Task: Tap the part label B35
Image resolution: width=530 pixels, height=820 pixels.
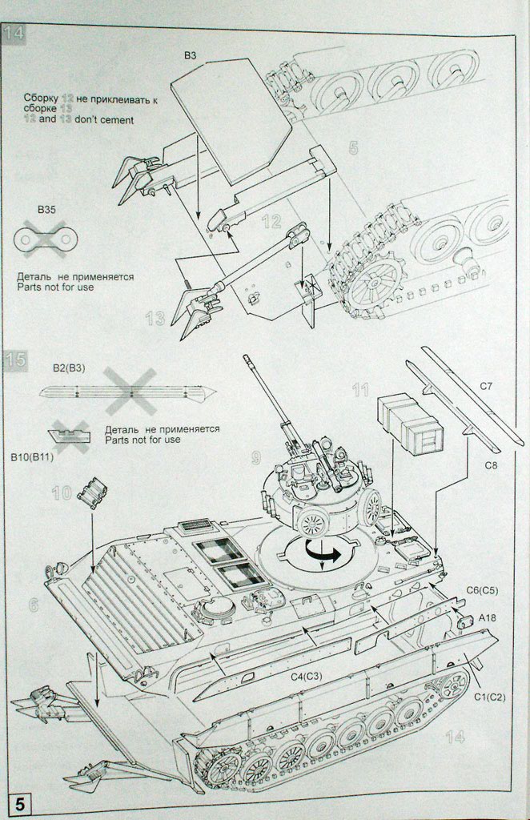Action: pyautogui.click(x=48, y=210)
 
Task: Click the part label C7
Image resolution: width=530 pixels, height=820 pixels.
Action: pyautogui.click(x=486, y=386)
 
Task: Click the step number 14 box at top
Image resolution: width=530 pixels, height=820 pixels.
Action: pyautogui.click(x=14, y=34)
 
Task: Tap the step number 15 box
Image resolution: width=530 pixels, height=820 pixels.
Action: pyautogui.click(x=15, y=360)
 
